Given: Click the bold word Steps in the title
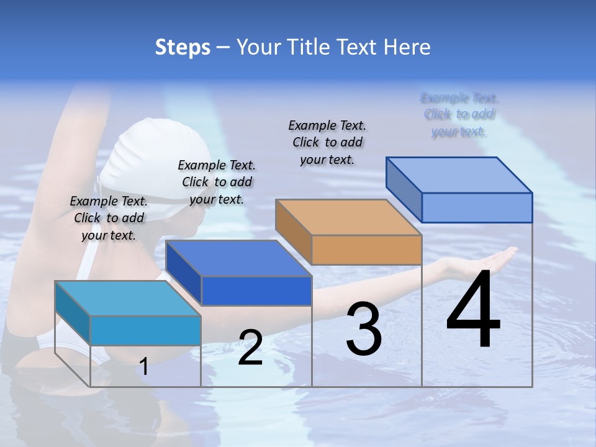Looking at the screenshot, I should tap(183, 47).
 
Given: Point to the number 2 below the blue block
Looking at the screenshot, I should tap(250, 348).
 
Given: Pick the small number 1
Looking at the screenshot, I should tap(144, 366).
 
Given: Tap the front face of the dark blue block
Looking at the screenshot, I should tap(256, 291).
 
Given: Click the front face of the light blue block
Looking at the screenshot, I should tap(477, 207).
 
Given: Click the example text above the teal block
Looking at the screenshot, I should tap(109, 218).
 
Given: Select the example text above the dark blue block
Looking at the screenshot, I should tap(217, 182).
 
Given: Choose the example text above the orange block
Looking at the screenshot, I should tap(327, 142).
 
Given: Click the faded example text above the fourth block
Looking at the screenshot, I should tap(459, 114).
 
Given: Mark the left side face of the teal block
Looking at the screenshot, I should tap(73, 307).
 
